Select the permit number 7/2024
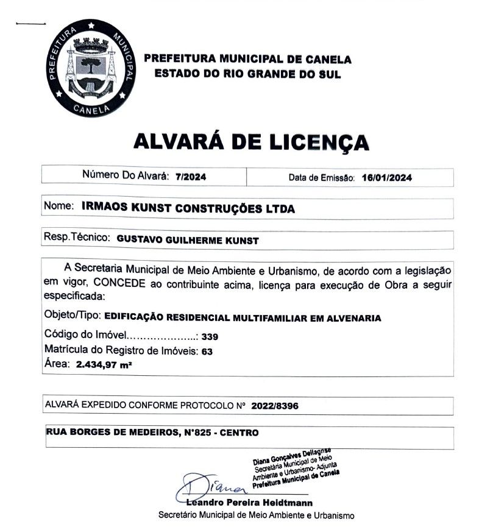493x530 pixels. (191, 177)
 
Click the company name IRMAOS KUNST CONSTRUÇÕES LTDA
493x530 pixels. (188, 208)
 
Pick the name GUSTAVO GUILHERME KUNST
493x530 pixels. (187, 241)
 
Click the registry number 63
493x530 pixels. (207, 352)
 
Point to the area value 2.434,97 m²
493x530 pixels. (104, 366)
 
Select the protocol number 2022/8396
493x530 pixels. (274, 405)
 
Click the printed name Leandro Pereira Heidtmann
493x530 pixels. (250, 503)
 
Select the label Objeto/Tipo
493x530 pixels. (73, 317)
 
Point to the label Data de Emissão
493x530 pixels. (321, 178)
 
